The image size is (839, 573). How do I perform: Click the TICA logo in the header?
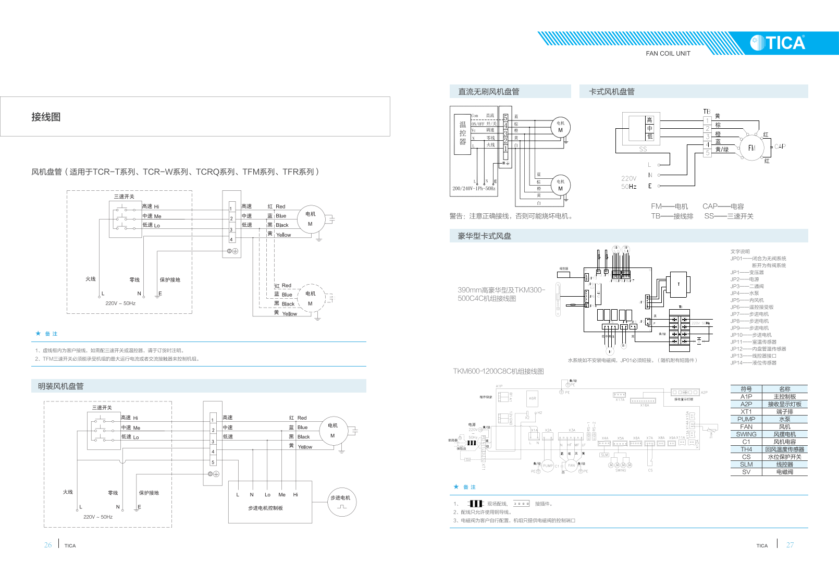click(778, 43)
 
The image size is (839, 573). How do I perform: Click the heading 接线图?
click(46, 117)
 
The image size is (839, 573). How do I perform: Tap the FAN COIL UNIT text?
click(668, 54)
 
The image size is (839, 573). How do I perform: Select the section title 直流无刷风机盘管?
click(488, 92)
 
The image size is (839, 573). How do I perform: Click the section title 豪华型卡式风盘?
click(484, 236)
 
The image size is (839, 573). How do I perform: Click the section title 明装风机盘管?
click(60, 386)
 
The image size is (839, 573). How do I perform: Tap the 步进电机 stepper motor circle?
click(342, 502)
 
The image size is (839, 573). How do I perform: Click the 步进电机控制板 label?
click(265, 508)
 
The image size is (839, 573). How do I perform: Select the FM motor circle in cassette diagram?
click(751, 148)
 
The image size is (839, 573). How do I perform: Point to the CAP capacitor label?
click(780, 147)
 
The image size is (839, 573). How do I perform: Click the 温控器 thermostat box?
click(463, 134)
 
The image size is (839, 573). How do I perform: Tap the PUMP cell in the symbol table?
click(746, 419)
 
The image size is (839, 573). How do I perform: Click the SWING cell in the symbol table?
click(746, 434)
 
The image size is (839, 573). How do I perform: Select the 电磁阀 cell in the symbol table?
click(784, 472)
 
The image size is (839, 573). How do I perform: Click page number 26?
click(48, 545)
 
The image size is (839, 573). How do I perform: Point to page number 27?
click(790, 545)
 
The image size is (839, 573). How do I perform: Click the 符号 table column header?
click(746, 389)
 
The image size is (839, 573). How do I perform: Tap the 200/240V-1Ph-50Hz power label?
click(474, 189)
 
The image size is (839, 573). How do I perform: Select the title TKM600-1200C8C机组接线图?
click(498, 371)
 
